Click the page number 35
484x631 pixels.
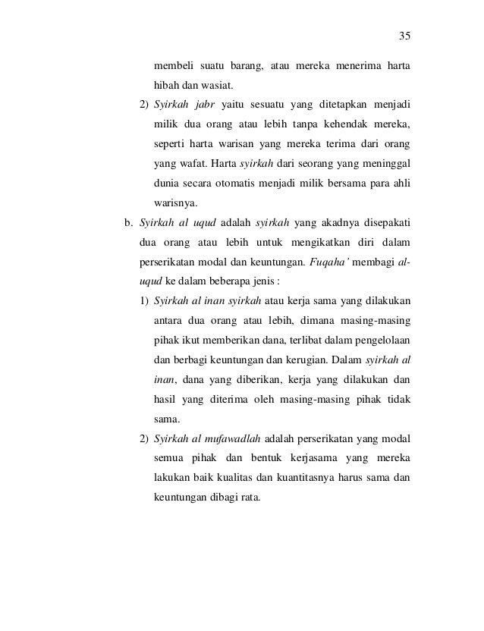pyautogui.click(x=404, y=36)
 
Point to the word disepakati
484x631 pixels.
pyautogui.click(x=381, y=223)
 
